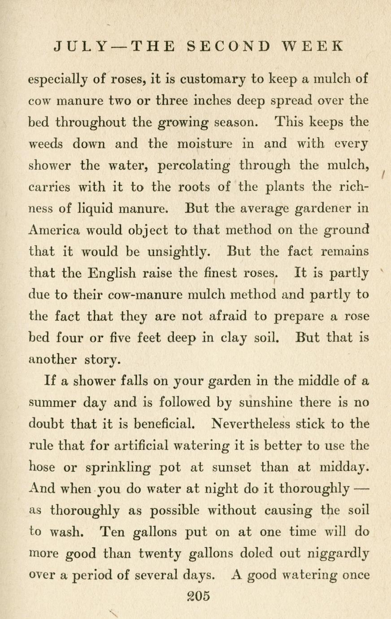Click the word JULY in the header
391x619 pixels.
point(81,46)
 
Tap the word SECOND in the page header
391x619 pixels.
point(227,46)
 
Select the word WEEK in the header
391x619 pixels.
point(314,46)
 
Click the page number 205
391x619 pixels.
point(198,596)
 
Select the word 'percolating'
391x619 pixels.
point(194,166)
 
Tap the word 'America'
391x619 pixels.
point(54,231)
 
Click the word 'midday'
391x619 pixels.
point(345,467)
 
